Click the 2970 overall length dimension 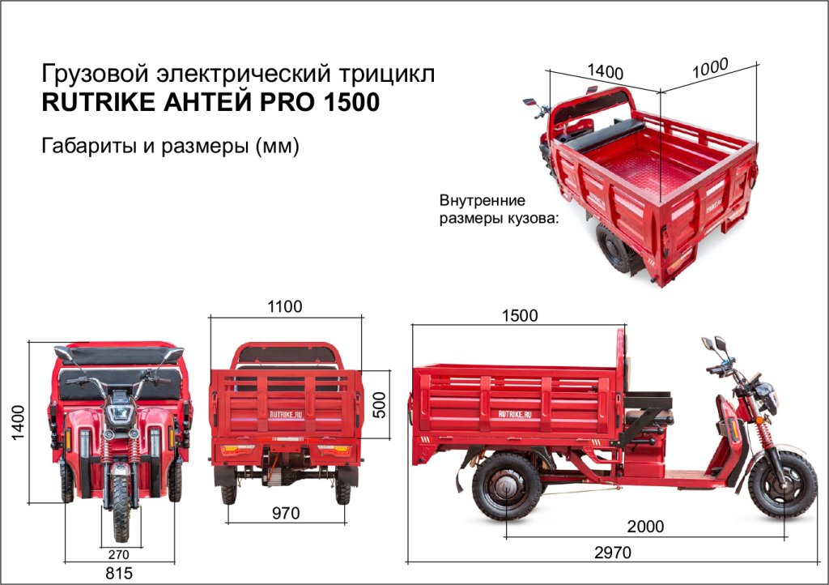coord(612,553)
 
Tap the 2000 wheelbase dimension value coord(645,527)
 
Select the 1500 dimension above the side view coord(520,316)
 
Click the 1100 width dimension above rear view coord(284,307)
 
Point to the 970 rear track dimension coord(285,513)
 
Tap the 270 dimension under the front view coord(120,555)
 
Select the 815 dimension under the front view coord(119,573)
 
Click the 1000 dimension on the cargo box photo coord(710,69)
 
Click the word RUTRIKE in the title coord(91,104)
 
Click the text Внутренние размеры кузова coord(500,209)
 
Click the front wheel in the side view coord(782,485)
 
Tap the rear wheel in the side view coord(507,485)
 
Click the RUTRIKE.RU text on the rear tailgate coord(284,411)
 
